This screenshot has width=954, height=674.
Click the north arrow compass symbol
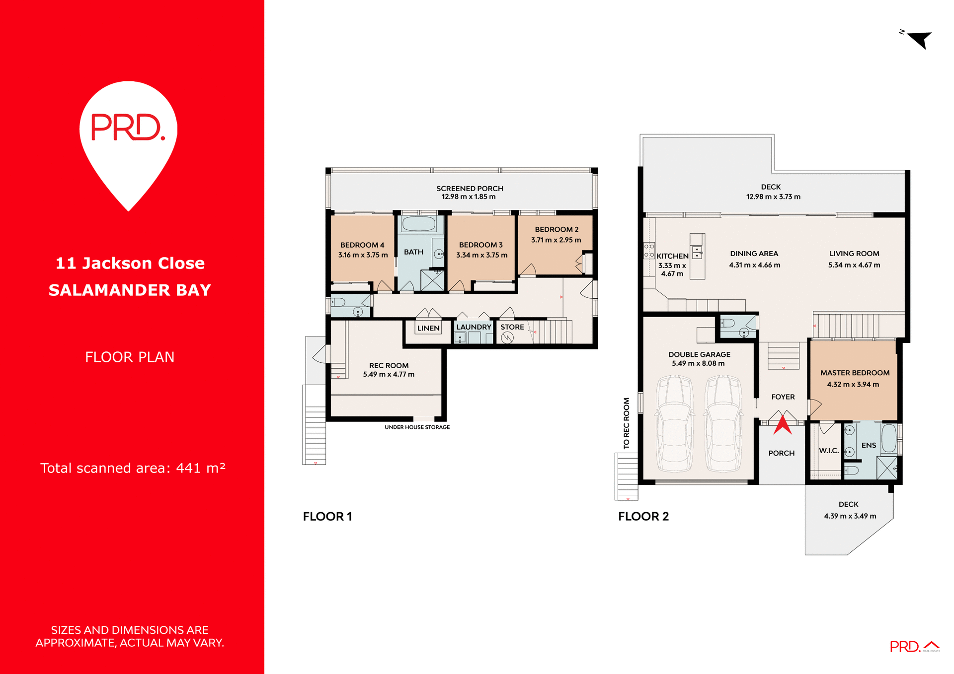click(x=919, y=39)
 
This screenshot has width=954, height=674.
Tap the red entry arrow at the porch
click(x=783, y=425)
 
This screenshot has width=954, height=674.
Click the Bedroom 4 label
click(x=362, y=245)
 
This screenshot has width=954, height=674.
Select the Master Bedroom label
click(x=855, y=373)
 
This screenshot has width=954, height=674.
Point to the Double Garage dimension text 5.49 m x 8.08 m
click(x=698, y=363)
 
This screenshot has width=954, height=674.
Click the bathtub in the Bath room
click(x=419, y=224)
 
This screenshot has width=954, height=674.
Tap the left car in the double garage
click(x=675, y=423)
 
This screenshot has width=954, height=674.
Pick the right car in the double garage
click(x=723, y=423)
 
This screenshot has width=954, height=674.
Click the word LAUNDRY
click(x=474, y=327)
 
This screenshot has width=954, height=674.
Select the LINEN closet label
click(x=428, y=328)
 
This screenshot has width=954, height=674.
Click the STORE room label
click(x=512, y=327)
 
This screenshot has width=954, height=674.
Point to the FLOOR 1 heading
click(x=327, y=517)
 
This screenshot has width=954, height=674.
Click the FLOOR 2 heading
click(x=643, y=517)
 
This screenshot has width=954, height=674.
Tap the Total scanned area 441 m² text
click(x=133, y=468)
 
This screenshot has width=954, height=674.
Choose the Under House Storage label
click(x=417, y=427)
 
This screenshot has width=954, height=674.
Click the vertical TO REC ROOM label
click(x=627, y=423)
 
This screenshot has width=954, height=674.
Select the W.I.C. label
click(x=829, y=451)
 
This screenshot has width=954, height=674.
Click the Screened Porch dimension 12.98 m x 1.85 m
click(x=469, y=197)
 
